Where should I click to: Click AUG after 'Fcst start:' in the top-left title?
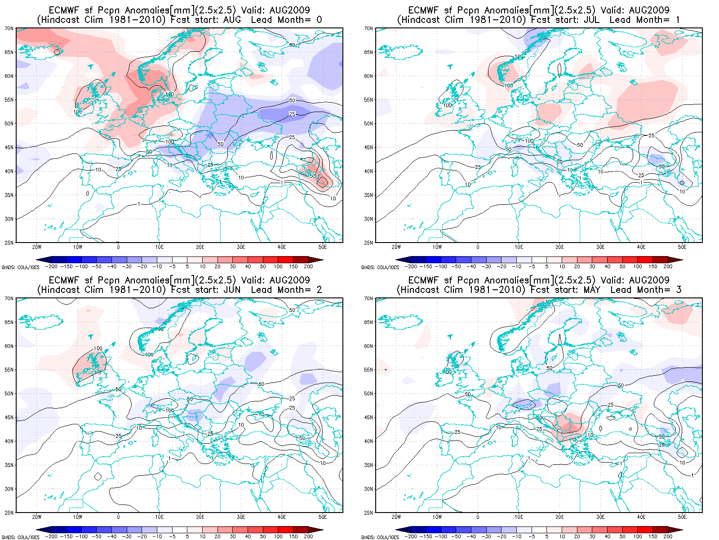232,20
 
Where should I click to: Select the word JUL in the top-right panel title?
591,20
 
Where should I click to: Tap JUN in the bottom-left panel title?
232,290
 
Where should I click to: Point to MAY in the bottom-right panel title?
591,290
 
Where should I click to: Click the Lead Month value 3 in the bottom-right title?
678,290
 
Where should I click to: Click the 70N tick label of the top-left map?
9,28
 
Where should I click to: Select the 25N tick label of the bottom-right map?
368,513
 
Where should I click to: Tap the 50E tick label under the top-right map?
682,247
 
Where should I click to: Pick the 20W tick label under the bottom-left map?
37,517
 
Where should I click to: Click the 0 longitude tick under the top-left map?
118,247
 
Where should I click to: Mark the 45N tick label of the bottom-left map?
9,418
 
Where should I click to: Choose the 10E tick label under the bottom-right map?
519,517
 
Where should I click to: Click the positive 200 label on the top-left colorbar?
308,266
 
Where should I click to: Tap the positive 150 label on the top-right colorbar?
652,266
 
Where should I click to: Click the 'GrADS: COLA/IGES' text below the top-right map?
380,267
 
